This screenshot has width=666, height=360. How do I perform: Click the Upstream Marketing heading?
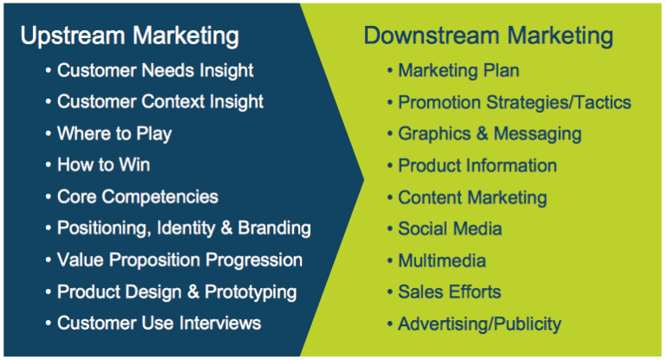[129, 36]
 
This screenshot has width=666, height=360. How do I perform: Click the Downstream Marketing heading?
[488, 36]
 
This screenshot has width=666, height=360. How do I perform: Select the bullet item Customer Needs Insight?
[155, 70]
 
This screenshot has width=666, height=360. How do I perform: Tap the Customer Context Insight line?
[160, 101]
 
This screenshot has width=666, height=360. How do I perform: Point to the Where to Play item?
[114, 134]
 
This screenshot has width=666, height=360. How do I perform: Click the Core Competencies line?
[137, 197]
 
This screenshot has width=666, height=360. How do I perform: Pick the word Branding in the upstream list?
[275, 228]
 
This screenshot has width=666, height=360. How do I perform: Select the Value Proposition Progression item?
[180, 260]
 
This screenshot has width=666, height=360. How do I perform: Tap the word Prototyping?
[251, 291]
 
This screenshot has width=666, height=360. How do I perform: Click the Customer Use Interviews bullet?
[159, 324]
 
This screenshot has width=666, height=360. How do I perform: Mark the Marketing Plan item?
[458, 70]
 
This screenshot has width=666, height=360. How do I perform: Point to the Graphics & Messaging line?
[489, 134]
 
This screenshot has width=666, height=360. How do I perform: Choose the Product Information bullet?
[477, 165]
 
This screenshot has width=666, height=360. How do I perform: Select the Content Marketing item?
[472, 198]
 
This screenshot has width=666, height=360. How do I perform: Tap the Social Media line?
[449, 229]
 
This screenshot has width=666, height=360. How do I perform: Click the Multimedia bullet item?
[441, 260]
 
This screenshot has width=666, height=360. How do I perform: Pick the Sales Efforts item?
[449, 292]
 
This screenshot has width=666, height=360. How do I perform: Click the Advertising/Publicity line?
[479, 324]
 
